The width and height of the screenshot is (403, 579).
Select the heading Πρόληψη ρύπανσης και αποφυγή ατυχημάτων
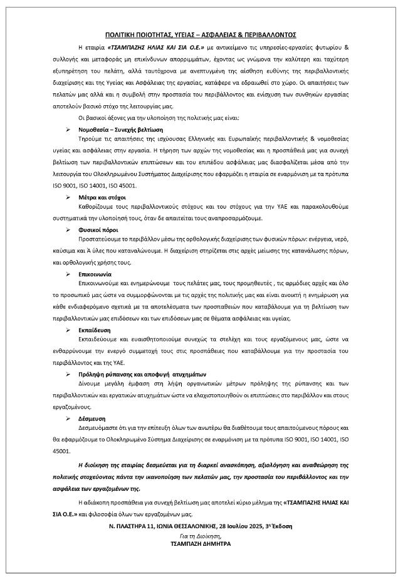click(126, 373)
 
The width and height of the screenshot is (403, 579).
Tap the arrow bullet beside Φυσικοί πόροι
click(69, 231)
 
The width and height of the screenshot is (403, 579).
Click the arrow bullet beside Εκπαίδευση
click(69, 329)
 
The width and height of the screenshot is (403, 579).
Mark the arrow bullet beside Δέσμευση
click(69, 418)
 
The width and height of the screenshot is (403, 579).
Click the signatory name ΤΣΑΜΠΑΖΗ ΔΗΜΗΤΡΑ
click(201, 544)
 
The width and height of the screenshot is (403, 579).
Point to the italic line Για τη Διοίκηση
click(201, 535)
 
